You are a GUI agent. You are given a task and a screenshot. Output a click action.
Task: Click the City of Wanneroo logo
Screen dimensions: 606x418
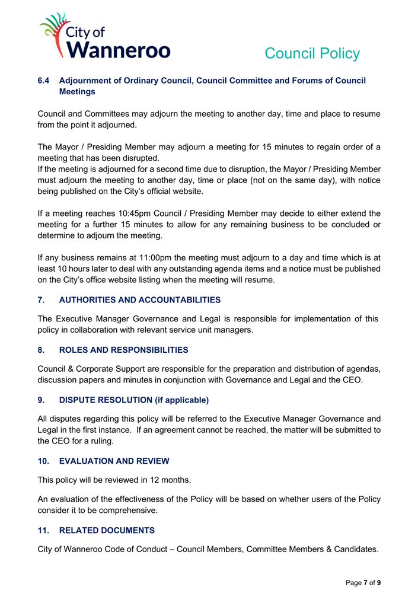point(105,37)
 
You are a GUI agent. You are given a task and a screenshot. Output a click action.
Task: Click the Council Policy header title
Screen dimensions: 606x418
point(312,53)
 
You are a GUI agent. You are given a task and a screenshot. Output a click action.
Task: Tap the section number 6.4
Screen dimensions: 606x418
point(44,81)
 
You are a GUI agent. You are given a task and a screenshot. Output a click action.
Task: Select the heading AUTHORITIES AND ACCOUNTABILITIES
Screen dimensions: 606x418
point(140,300)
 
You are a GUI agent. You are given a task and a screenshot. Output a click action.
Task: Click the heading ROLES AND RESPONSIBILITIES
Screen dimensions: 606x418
point(123,350)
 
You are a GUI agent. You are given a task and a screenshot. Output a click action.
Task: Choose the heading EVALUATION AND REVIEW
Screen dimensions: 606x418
point(114,461)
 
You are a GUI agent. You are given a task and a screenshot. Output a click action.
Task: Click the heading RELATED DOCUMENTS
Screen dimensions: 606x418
point(107,530)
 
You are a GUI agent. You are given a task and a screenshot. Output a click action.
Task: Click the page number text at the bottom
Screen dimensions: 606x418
point(363,583)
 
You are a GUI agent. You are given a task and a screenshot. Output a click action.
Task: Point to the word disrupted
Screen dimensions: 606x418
point(137,158)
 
